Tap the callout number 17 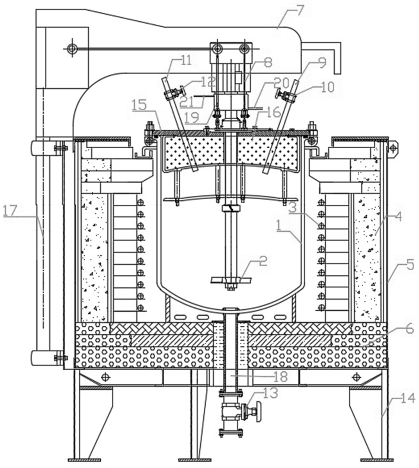[10, 211]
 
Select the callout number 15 [139, 105]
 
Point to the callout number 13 [270, 393]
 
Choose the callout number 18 [280, 377]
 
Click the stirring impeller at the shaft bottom [231, 280]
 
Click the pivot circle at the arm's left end [71, 49]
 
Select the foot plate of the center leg [195, 460]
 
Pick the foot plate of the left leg [85, 460]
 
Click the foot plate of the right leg [377, 460]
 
